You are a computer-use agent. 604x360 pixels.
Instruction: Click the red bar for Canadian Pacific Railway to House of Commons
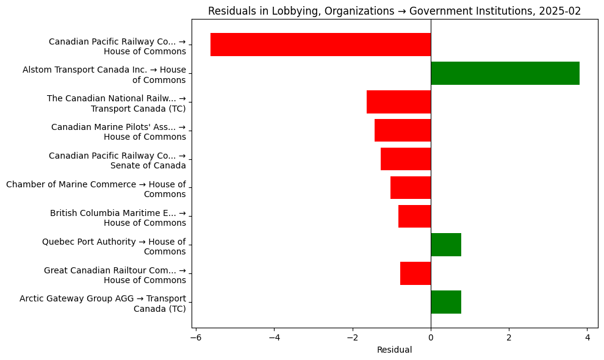320,45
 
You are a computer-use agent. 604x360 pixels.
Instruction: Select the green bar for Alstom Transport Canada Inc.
505,73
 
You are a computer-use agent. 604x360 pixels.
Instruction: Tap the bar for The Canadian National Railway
398,102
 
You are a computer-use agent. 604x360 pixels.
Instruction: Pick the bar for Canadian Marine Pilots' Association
403,131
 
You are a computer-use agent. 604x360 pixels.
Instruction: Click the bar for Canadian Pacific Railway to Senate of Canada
406,159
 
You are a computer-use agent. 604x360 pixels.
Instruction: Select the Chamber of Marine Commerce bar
411,188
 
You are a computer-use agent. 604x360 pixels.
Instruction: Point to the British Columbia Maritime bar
414,217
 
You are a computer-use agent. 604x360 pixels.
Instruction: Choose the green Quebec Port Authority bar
446,245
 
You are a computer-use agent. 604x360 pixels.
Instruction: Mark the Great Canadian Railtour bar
415,273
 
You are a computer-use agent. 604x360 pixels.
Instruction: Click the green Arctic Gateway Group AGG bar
446,302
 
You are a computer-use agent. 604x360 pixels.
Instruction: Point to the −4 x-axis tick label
274,338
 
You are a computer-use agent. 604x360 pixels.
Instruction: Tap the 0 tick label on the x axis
431,338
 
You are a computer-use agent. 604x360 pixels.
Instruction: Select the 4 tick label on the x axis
588,338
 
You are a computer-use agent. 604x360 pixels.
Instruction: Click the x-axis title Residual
394,350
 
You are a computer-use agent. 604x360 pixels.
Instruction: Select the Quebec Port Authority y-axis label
113,247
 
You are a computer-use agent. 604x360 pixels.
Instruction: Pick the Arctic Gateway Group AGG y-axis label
102,303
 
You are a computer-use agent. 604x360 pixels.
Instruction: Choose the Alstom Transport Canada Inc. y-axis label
104,74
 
